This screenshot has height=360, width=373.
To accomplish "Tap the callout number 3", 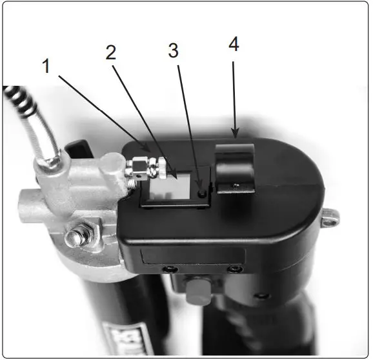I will [x=173, y=52].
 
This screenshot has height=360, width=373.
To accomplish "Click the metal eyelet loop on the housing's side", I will [x=331, y=219].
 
